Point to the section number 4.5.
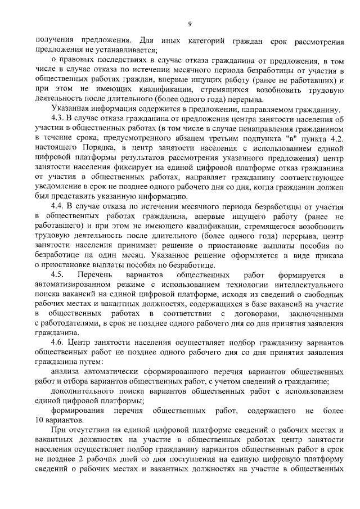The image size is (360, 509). [58, 276]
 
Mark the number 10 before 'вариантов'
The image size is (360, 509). [41, 420]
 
